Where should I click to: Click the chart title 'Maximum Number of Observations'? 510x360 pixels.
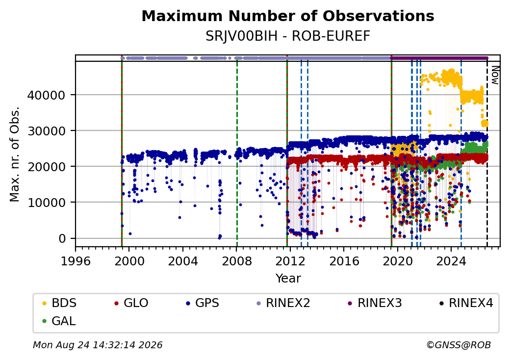pos(288,16)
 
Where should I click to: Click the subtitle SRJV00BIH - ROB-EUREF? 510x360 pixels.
pos(288,36)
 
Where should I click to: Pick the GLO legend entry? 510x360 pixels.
pos(131,303)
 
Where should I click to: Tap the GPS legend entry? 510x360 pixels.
pos(203,303)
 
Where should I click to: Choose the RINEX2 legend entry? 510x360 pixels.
pos(283,303)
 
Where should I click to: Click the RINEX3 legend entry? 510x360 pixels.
pos(375,303)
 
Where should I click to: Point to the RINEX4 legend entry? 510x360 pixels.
pos(466,303)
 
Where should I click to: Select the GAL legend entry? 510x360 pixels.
pos(59,321)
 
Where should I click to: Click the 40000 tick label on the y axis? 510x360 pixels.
pos(46,95)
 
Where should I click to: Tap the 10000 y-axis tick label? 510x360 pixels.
pos(46,203)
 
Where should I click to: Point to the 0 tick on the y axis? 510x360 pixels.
pos(62,238)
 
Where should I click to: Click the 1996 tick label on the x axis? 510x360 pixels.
pos(76,261)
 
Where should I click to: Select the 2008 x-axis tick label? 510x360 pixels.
pos(237,261)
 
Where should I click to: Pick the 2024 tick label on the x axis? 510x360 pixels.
pos(451,261)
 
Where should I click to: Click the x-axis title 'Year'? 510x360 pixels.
pos(288,279)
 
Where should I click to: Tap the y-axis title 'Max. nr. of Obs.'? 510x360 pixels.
pos(14,154)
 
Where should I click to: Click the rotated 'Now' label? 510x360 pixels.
pos(495,75)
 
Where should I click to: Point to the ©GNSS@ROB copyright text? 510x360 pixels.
pos(459,345)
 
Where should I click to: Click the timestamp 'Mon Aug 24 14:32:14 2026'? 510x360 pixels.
pos(98,345)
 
